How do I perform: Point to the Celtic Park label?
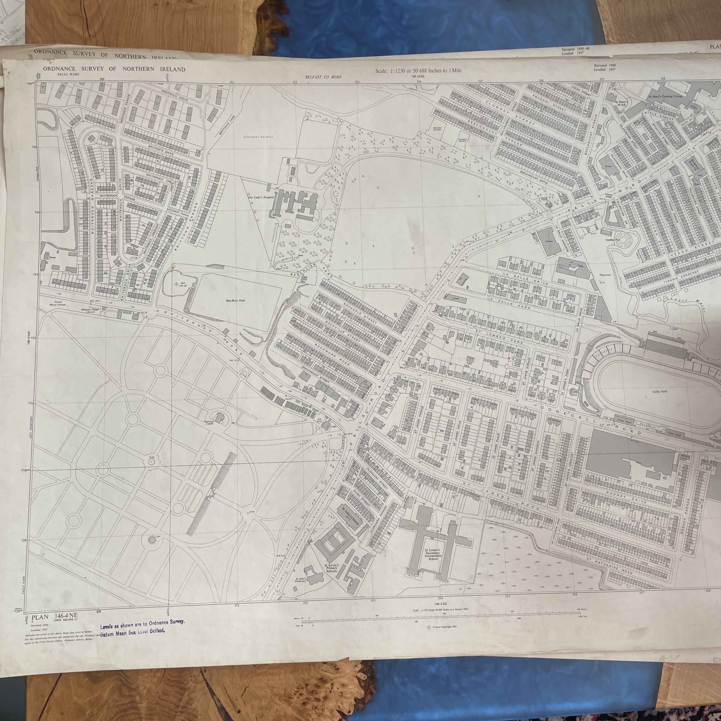[x=659, y=391]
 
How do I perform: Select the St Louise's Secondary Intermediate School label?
[x=433, y=554]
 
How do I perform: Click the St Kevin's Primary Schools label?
[x=331, y=568]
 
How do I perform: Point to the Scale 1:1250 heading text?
[x=418, y=70]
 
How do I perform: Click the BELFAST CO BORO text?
[x=323, y=77]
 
